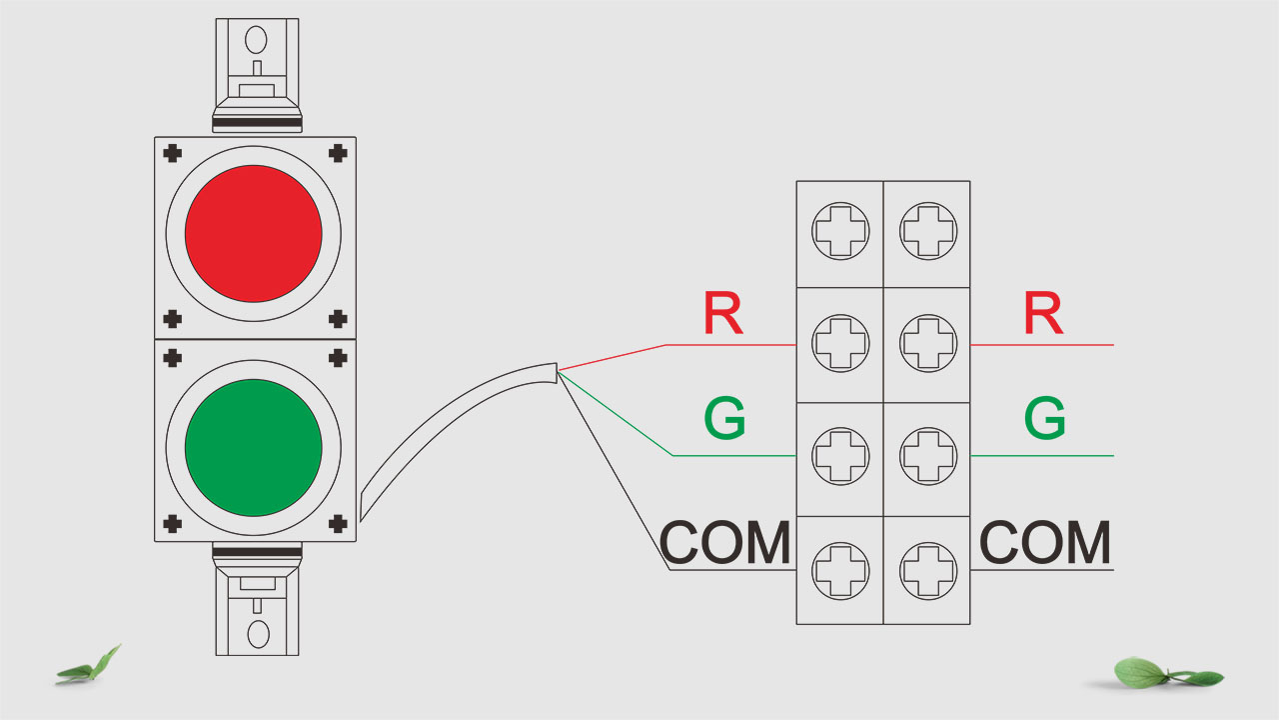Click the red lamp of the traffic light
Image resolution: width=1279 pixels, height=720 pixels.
pyautogui.click(x=254, y=233)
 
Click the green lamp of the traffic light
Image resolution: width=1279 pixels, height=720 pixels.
pyautogui.click(x=254, y=447)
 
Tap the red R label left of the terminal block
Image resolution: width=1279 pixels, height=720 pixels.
pyautogui.click(x=722, y=314)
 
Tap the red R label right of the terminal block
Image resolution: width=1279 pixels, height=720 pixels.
pyautogui.click(x=1043, y=314)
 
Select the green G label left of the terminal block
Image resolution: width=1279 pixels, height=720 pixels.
pyautogui.click(x=724, y=419)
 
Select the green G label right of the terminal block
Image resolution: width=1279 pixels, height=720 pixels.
pyautogui.click(x=1044, y=419)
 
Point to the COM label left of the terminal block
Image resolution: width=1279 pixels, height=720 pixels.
pyautogui.click(x=725, y=544)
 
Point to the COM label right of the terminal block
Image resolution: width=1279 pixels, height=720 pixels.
pyautogui.click(x=1045, y=544)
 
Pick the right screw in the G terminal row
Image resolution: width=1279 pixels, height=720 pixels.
pyautogui.click(x=926, y=457)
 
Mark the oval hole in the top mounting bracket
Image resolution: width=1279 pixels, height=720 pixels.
pyautogui.click(x=257, y=41)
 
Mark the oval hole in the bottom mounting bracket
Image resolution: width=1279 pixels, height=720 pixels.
pyautogui.click(x=258, y=634)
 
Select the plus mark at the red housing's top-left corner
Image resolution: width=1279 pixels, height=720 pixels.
pyautogui.click(x=173, y=153)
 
